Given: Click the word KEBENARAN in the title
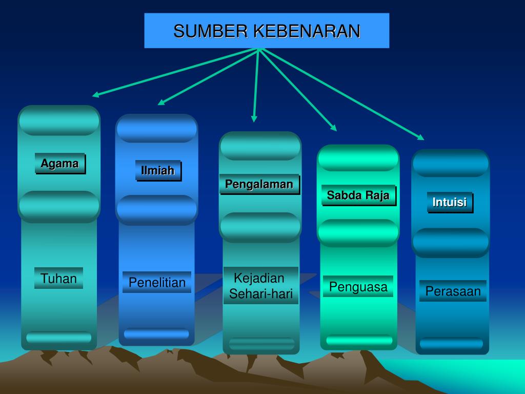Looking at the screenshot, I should pos(307,31).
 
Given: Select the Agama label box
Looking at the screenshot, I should pos(59,164).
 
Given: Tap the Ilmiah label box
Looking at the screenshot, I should pos(158,171).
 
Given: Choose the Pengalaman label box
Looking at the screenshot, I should pos(259,184).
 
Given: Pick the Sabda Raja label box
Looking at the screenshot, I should pos(358,195).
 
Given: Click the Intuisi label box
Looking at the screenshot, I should pos(450,202).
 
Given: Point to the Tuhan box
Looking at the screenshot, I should pos(58,279).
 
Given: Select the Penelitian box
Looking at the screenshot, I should pos(157,282).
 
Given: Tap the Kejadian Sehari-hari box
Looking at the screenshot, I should pos(260,286).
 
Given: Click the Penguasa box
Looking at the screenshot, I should pos(358,287).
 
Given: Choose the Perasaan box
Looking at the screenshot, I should pos(453,291).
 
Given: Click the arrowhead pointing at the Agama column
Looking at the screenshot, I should pos(95,95).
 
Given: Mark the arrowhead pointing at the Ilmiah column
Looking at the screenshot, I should pos(161,103).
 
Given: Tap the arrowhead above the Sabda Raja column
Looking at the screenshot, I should pos(334,128).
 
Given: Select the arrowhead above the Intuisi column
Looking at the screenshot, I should pos(421,137).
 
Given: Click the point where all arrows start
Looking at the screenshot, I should pos(260,49).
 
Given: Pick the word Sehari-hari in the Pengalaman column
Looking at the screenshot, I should pos(260,294).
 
